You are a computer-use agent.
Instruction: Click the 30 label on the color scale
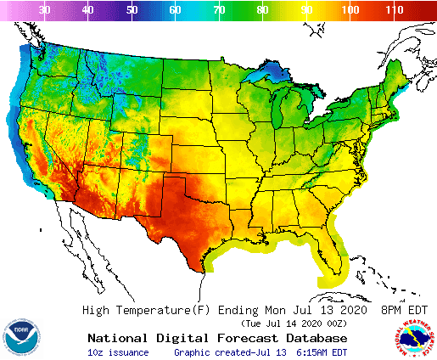44,9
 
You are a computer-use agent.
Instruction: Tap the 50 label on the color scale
132,9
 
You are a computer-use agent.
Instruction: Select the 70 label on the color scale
219,9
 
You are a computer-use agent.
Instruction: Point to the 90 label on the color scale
305,9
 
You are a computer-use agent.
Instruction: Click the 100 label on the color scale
349,9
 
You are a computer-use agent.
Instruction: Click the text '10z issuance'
118,352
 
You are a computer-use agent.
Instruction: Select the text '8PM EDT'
404,310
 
